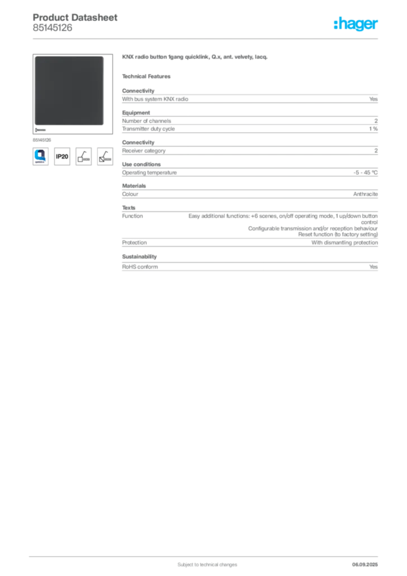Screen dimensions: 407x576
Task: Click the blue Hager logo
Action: pos(356,24)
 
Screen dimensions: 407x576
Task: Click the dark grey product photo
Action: pos(69,91)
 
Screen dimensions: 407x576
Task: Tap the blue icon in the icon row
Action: pos(40,155)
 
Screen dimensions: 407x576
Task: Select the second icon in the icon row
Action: pos(62,156)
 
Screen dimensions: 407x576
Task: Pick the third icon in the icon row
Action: pos(83,156)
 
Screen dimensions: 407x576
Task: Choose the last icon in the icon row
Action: pos(104,156)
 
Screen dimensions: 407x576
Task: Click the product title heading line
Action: pos(196,58)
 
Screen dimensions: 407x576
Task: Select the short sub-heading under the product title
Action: pos(148,76)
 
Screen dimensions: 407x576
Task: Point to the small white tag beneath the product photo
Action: pos(41,129)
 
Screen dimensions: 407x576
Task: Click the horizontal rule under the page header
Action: pos(207,38)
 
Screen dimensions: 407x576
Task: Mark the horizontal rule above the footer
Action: pos(207,555)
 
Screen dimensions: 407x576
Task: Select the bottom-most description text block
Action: pos(249,265)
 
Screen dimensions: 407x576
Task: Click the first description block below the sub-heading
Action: pos(249,98)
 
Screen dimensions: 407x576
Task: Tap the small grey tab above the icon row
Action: pos(43,139)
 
